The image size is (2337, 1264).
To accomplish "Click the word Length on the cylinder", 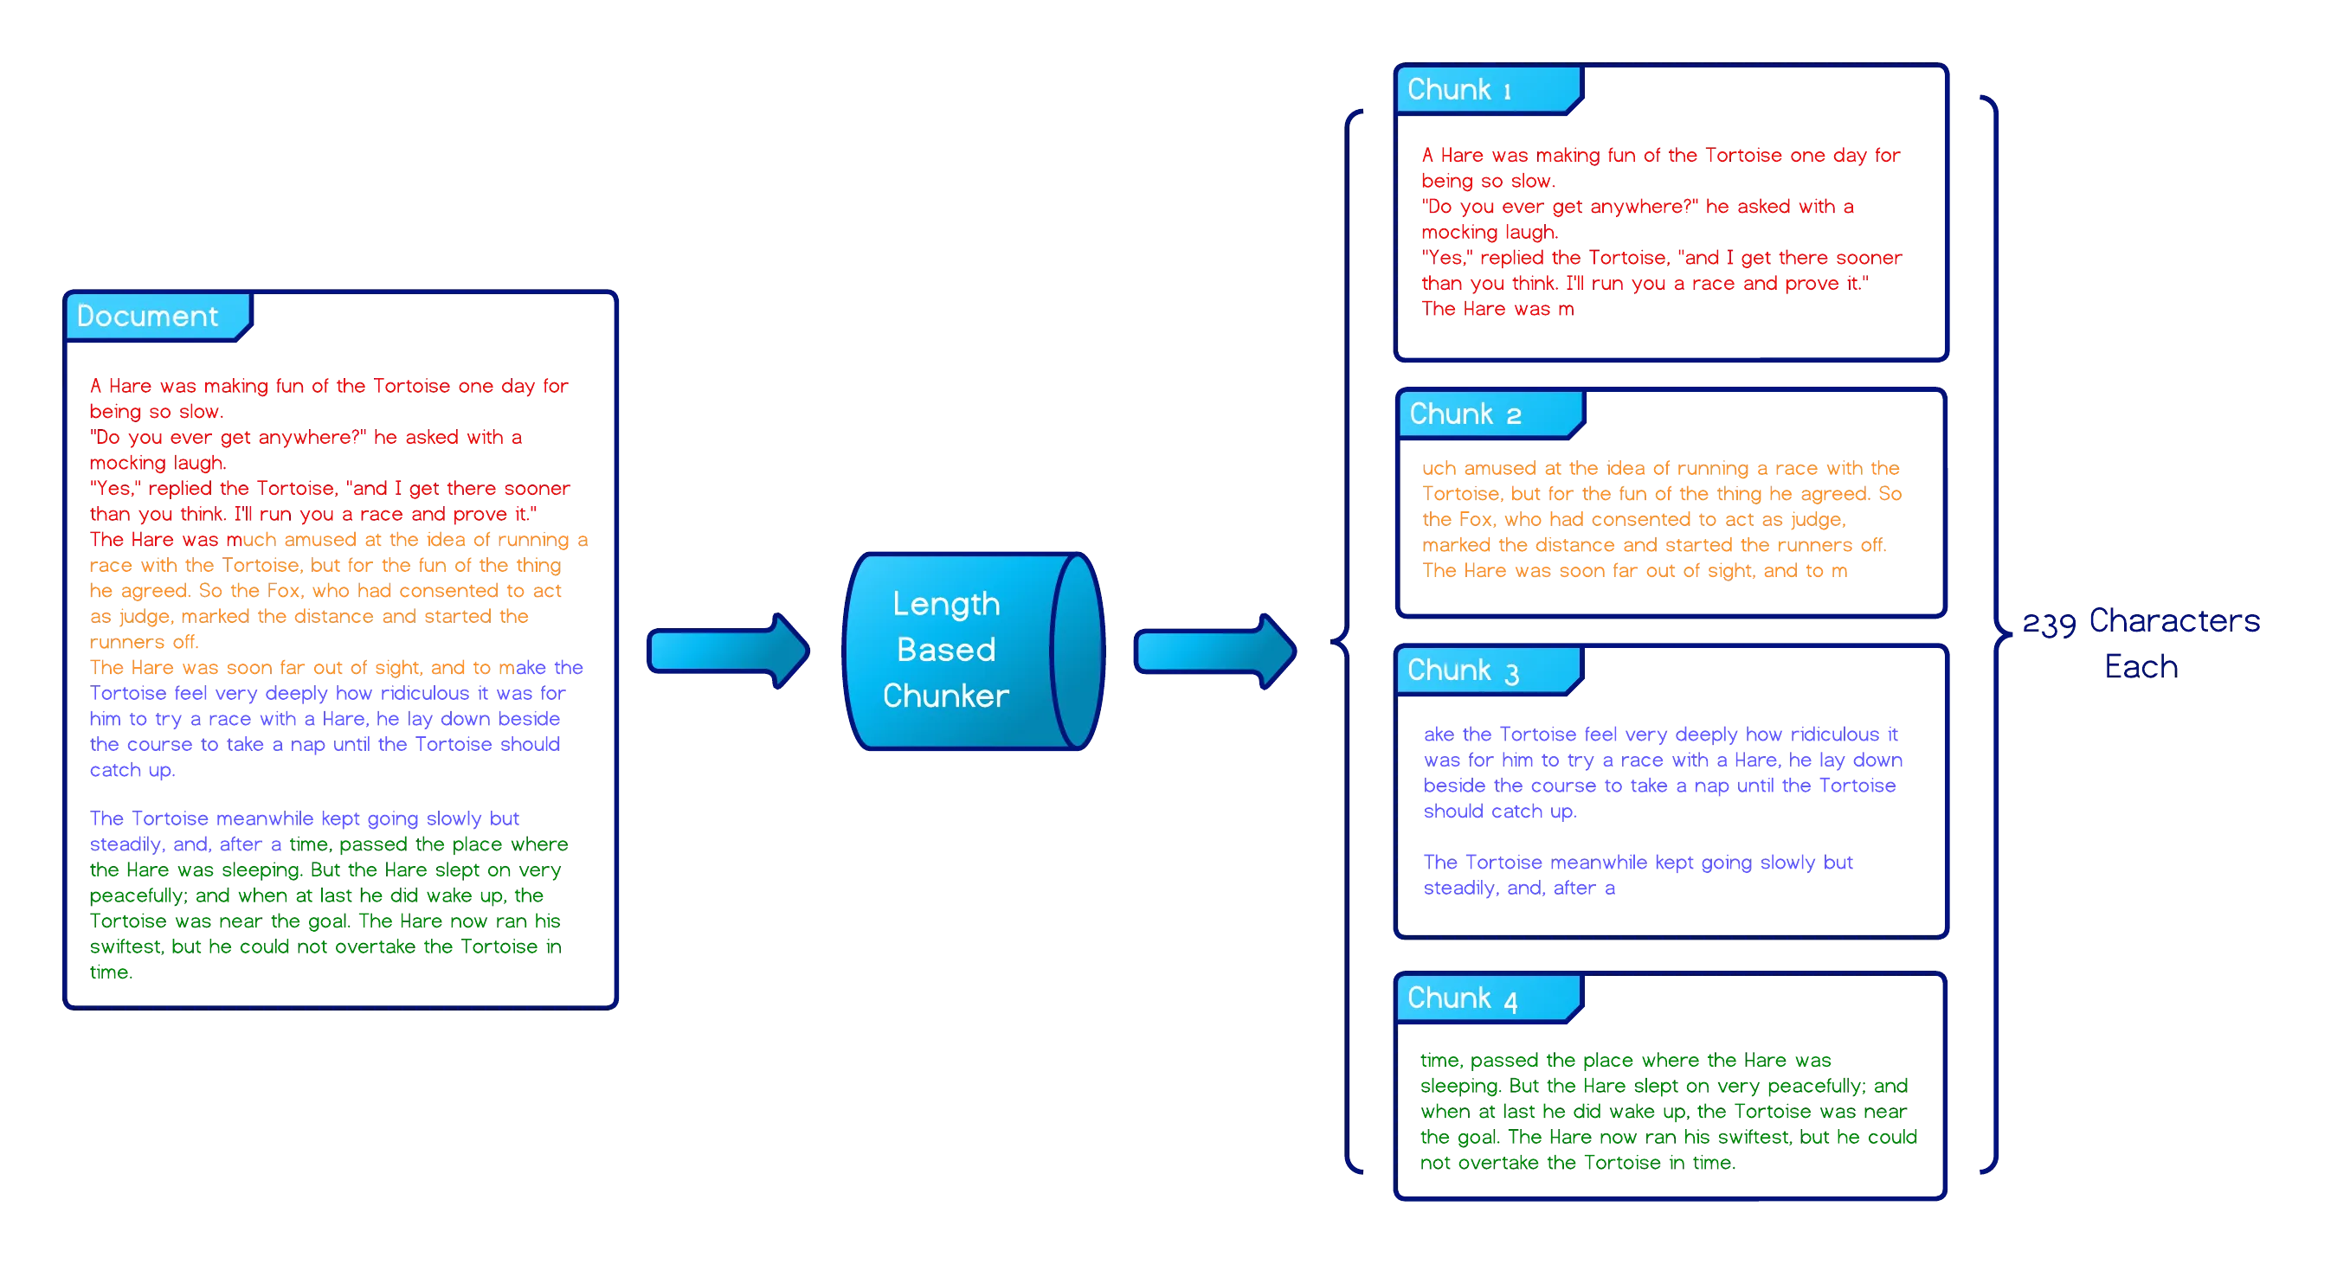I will coord(946,604).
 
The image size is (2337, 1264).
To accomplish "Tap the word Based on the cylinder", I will coord(946,649).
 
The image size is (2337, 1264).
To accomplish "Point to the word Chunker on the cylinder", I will coord(945,696).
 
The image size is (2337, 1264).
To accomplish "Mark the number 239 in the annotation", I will coord(2050,625).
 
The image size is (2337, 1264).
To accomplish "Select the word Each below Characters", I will coord(2141,666).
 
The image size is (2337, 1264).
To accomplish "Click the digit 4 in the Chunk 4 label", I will coord(1510,1001).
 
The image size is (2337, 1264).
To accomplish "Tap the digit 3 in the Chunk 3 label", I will coord(1511,674).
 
